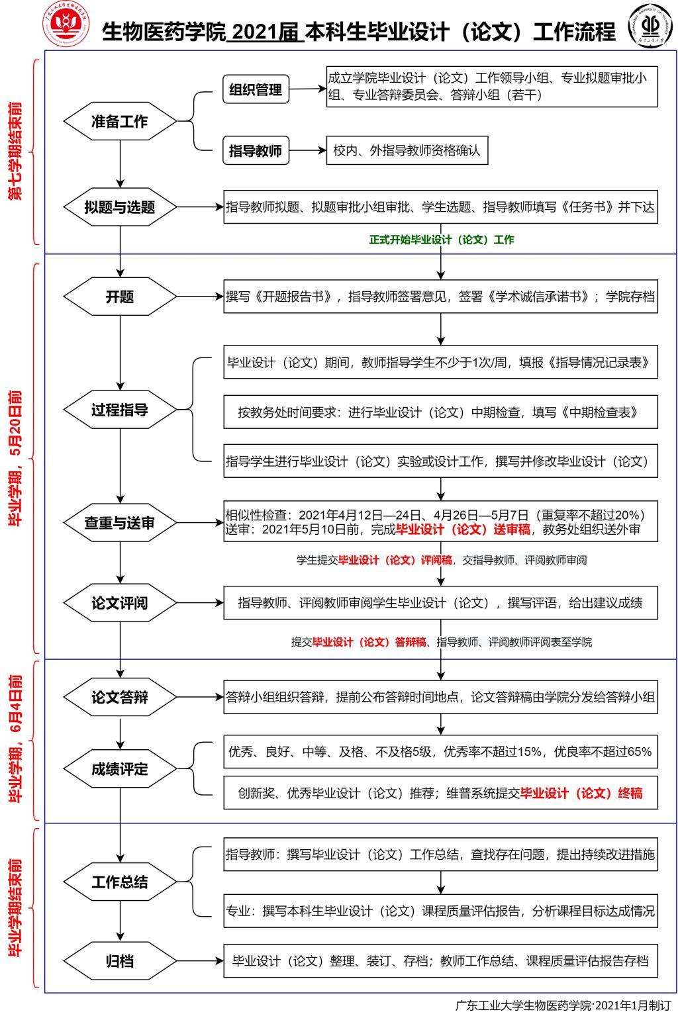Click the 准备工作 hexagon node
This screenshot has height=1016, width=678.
click(x=120, y=122)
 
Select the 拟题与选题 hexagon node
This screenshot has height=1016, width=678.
click(x=120, y=207)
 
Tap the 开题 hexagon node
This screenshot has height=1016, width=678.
click(x=120, y=297)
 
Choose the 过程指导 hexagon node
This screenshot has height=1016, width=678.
click(x=120, y=410)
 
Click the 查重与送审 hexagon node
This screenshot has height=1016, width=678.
click(x=120, y=523)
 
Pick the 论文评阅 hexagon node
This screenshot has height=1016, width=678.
click(x=120, y=603)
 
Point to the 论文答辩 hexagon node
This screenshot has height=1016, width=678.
click(x=120, y=697)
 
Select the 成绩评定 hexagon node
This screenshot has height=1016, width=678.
click(x=120, y=769)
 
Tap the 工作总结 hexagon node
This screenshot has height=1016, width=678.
click(x=120, y=882)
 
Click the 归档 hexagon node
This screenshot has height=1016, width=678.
click(x=120, y=961)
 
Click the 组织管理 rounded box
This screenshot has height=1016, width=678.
click(x=256, y=90)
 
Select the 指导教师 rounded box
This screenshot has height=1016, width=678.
click(x=256, y=151)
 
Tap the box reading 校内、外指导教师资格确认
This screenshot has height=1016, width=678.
click(x=407, y=151)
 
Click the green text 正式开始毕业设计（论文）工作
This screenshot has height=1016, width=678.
click(x=441, y=240)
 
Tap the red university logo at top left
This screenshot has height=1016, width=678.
click(x=65, y=25)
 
